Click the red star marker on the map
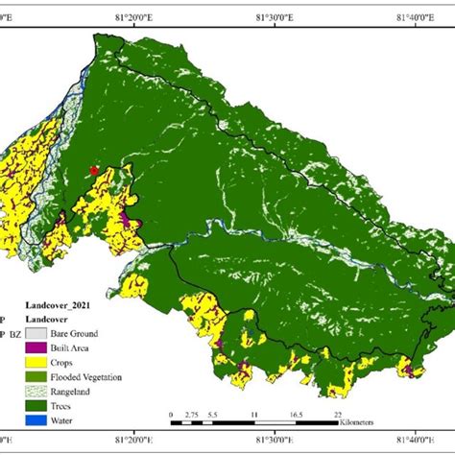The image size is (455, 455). [93, 170]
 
